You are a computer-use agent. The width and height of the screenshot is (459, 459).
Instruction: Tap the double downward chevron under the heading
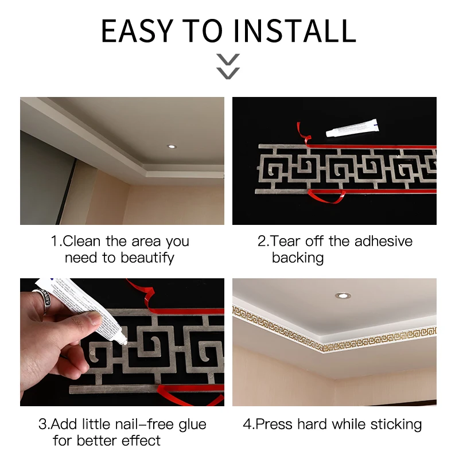tap(228, 66)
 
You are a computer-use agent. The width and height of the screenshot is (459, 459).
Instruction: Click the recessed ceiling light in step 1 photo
tap(172, 146)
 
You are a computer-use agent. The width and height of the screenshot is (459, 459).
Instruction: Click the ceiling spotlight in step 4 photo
tap(343, 295)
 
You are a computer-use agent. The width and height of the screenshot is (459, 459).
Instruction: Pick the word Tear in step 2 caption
tap(286, 241)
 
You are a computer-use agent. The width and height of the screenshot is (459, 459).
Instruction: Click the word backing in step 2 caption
tap(298, 258)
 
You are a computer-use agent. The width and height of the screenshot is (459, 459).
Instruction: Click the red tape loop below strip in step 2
tap(324, 197)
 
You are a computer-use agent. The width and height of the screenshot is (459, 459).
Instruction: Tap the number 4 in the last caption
tap(247, 425)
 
